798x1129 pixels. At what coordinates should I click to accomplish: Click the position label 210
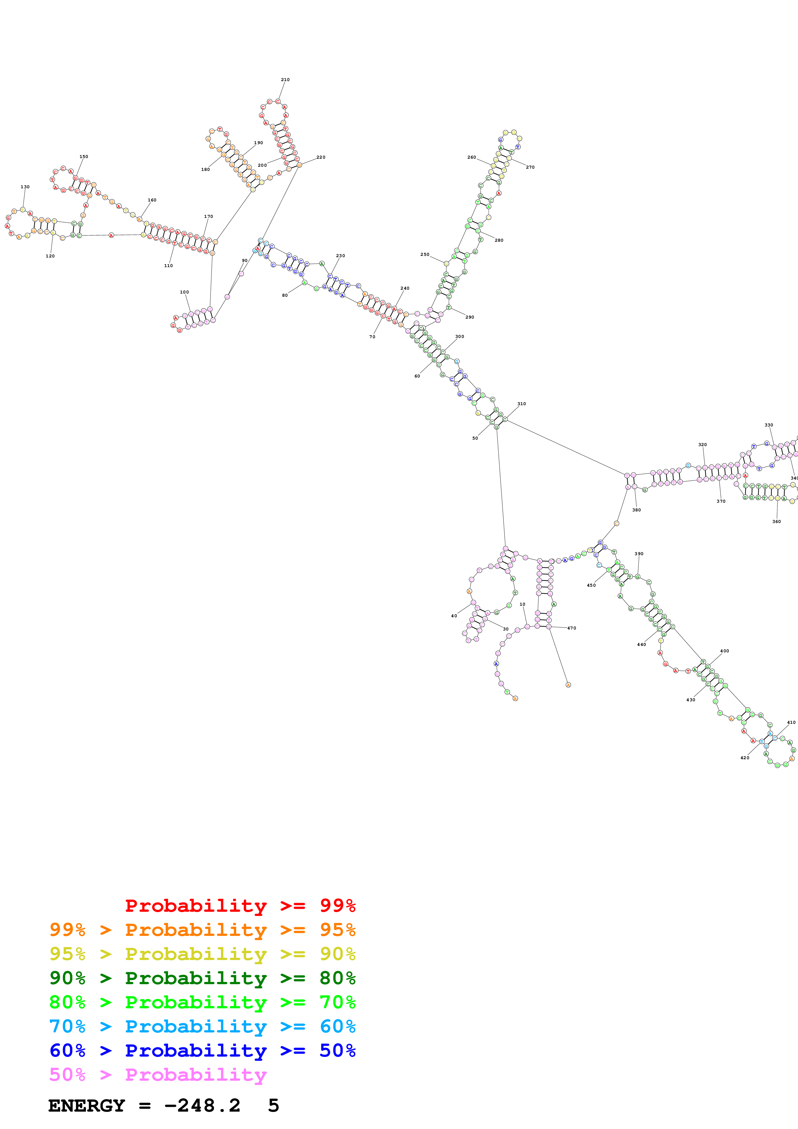(x=285, y=80)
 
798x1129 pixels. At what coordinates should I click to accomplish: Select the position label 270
(x=530, y=167)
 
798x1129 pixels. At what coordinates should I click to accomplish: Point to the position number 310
(x=521, y=404)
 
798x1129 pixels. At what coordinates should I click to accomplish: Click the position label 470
(x=571, y=628)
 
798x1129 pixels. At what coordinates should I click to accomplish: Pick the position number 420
(x=745, y=758)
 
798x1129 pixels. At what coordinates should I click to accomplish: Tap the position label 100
(x=184, y=292)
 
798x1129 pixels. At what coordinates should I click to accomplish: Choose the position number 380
(x=636, y=510)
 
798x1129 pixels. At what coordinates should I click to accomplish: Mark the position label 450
(x=591, y=585)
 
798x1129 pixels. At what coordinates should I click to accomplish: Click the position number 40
(x=454, y=616)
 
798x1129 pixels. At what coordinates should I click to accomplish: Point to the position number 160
(x=152, y=200)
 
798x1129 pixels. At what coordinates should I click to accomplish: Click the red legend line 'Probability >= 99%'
(x=240, y=906)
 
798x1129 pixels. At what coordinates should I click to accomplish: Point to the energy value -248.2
(x=202, y=1106)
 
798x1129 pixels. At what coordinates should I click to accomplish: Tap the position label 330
(x=768, y=425)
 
